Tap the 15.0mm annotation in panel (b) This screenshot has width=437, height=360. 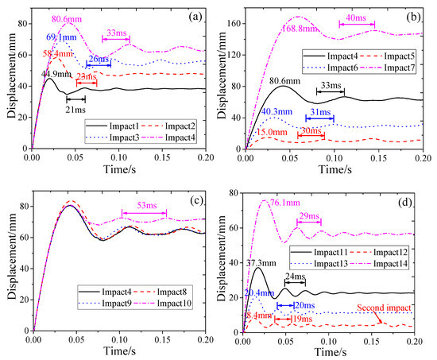[x=273, y=132]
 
